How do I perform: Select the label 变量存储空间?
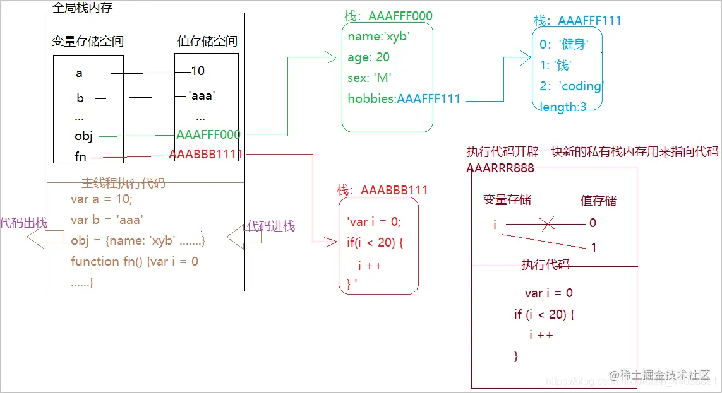tap(88, 42)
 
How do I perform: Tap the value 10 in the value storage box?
tap(198, 71)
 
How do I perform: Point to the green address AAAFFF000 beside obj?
tap(208, 134)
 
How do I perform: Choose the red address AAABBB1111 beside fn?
tap(206, 155)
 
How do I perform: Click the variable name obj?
tap(83, 136)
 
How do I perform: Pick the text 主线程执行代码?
tap(123, 184)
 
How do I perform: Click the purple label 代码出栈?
tap(23, 223)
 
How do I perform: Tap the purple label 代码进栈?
tap(270, 226)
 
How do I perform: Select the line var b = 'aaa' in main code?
tap(107, 220)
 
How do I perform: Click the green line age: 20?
tap(368, 57)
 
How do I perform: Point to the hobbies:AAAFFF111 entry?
tap(404, 98)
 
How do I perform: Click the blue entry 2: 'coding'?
tap(572, 86)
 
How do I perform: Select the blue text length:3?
tap(563, 107)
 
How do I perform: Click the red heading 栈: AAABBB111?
tap(382, 190)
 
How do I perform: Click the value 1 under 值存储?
tap(593, 248)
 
